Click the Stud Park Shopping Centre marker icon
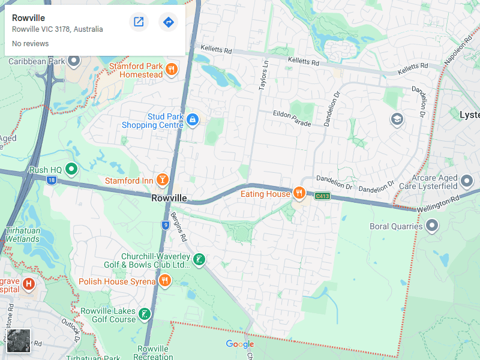point(193,120)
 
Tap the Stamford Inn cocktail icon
point(162,180)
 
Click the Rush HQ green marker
point(71,169)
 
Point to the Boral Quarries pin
point(432,226)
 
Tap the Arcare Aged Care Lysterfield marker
point(467,179)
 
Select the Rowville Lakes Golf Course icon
point(145,314)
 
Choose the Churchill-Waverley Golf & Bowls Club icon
point(199,260)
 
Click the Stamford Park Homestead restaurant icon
point(172,69)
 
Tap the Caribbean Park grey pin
point(74,61)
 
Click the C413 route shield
point(323,196)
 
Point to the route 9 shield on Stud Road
point(165,225)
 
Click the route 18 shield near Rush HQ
point(53,180)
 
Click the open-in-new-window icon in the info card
point(139,22)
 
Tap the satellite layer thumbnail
point(18,341)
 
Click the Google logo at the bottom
point(240,344)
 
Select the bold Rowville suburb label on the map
point(169,198)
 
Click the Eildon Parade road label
point(292,118)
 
